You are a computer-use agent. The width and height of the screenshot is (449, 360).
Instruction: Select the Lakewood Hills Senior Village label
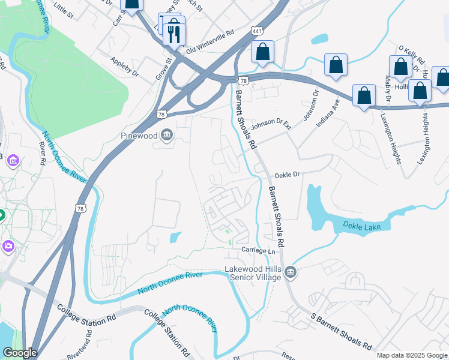(252, 273)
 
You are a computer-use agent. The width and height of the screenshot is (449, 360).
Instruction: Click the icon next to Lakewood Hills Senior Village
(291, 273)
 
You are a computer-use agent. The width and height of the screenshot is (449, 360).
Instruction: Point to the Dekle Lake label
(366, 226)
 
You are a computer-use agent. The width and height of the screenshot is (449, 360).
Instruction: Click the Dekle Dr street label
(286, 176)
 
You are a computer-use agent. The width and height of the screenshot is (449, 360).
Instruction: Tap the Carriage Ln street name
(261, 250)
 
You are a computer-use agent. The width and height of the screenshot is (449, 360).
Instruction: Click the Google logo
(20, 353)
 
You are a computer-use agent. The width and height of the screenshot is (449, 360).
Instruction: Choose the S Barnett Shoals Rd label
(341, 331)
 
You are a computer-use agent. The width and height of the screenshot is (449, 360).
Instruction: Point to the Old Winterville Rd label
(209, 42)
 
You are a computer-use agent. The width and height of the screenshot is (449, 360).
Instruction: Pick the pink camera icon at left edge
(7, 246)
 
